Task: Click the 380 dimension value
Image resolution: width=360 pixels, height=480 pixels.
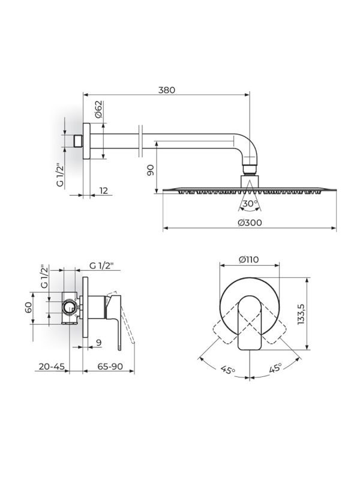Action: point(166,90)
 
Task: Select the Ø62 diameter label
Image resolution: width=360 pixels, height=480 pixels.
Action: point(99,110)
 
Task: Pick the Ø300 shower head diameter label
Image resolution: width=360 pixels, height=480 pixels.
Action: point(248,223)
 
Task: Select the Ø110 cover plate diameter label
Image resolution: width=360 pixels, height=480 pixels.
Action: point(248,260)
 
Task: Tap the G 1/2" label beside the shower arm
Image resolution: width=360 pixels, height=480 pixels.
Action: point(61,175)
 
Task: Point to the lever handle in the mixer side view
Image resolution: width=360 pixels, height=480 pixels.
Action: point(124,324)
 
